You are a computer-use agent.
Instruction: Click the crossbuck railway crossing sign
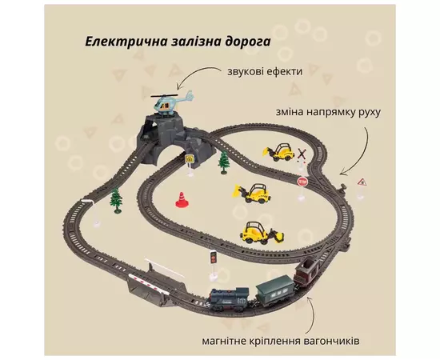coord(302,156)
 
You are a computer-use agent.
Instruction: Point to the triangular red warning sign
coord(362,183)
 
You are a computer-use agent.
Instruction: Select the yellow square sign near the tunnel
coord(189,159)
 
